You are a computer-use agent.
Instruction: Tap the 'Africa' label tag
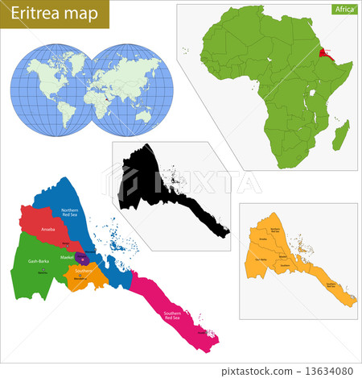(x=343, y=10)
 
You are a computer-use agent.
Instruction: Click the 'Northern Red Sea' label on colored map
(x=71, y=212)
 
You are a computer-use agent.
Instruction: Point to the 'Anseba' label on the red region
(x=48, y=230)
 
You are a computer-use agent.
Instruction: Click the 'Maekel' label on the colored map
(x=67, y=256)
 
